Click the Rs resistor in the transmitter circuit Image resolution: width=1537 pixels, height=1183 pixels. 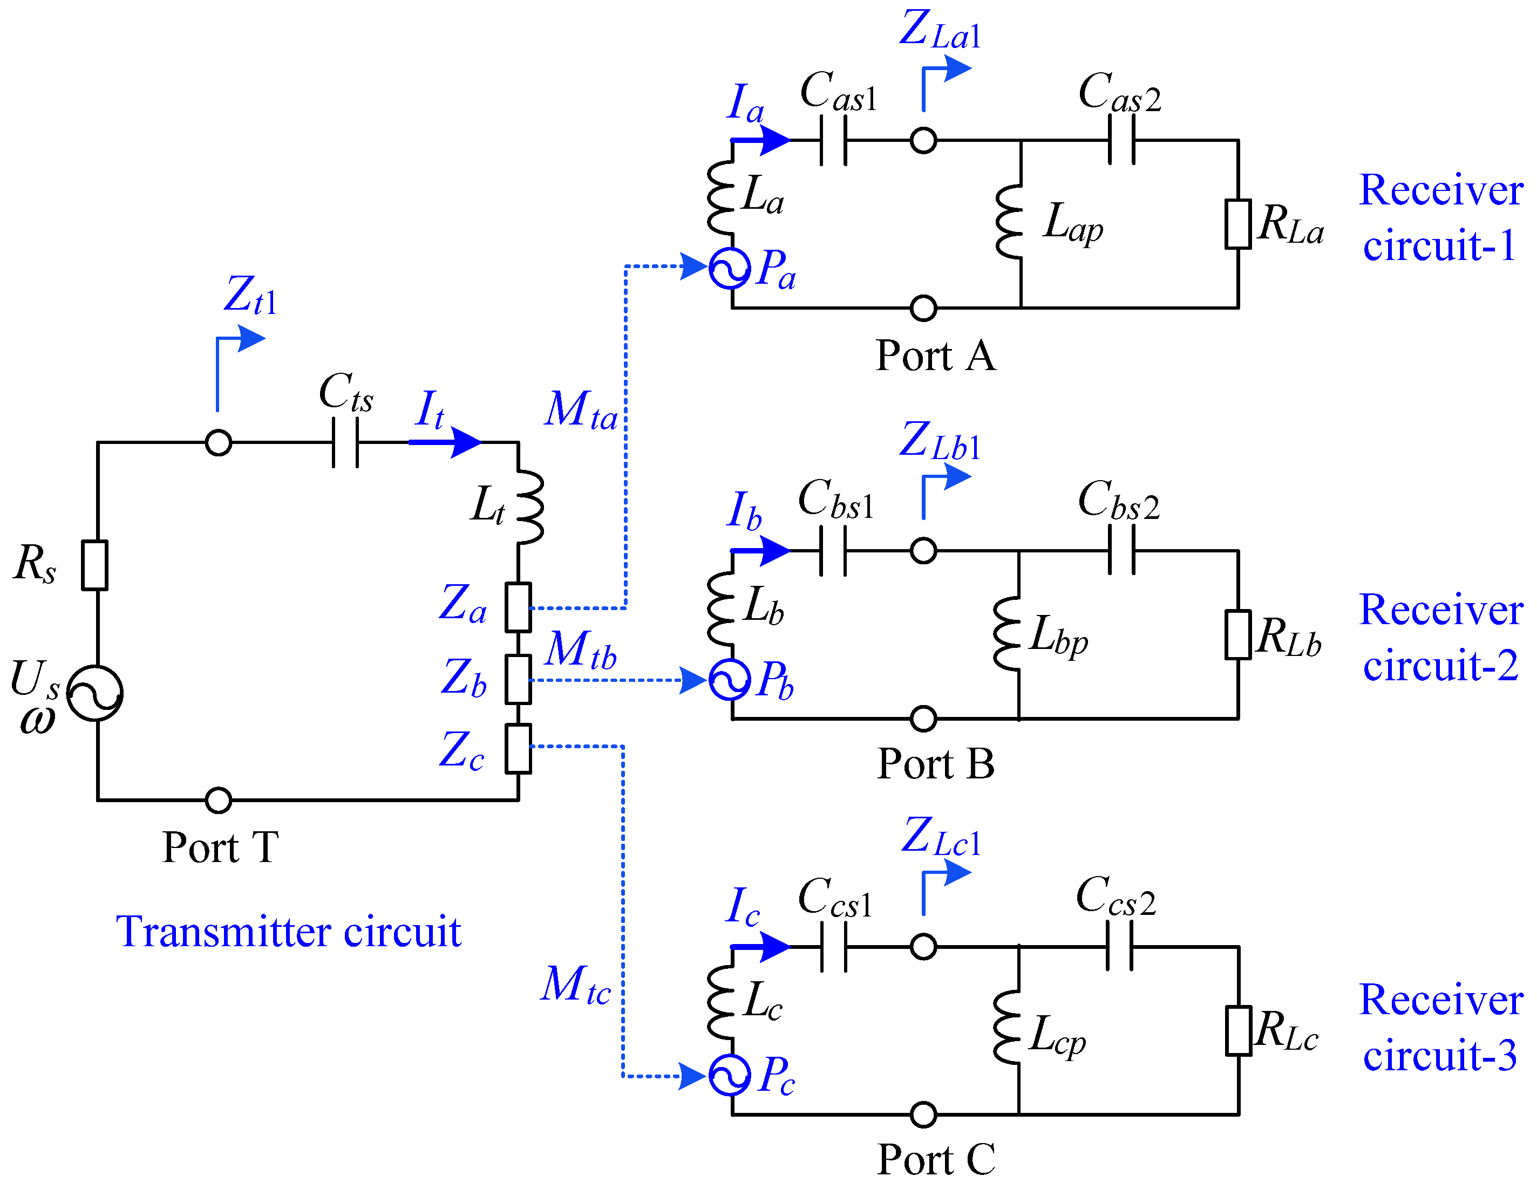pos(94,565)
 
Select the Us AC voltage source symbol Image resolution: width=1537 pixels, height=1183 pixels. pos(95,693)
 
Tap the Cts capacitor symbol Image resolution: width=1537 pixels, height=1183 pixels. pos(345,442)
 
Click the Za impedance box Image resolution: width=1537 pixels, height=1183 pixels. pos(518,607)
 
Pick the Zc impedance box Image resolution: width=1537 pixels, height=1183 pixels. pos(518,748)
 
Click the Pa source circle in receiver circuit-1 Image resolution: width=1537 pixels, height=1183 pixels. pos(730,268)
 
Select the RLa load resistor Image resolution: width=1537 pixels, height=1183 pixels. pos(1238,224)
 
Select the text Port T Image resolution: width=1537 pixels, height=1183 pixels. pos(220,847)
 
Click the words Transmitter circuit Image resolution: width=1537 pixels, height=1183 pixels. pos(289,932)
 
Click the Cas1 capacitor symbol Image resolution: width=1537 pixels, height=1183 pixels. pos(833,141)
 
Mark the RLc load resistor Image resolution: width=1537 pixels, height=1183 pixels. pos(1239,1030)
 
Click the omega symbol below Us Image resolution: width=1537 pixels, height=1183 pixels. pos(37,720)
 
